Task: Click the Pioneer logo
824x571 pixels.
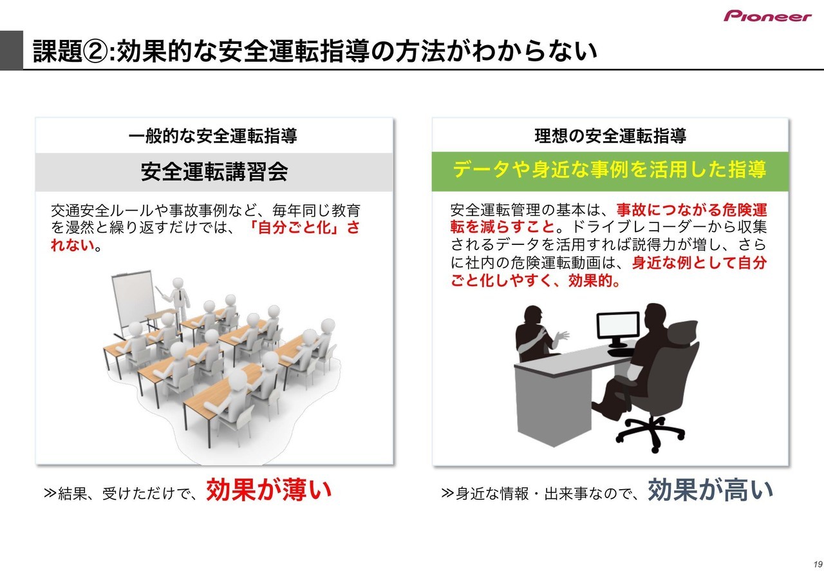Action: coord(767,16)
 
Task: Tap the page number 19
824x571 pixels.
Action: coord(818,564)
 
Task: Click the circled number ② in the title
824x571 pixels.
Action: coord(96,51)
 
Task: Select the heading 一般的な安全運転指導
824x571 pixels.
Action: coord(212,135)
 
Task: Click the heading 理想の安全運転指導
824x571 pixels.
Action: coord(610,135)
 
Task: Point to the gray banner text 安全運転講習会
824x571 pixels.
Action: coord(214,171)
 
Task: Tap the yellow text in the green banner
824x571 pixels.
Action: coord(610,169)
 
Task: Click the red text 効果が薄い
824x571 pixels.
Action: coord(269,490)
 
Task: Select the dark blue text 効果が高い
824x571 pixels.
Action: coord(710,490)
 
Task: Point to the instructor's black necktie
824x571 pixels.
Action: coord(180,295)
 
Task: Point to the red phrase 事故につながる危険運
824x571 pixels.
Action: coord(692,210)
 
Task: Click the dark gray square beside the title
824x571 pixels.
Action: coord(12,50)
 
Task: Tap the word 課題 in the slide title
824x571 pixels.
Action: coord(57,51)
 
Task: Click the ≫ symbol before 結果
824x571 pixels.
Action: coord(50,493)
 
